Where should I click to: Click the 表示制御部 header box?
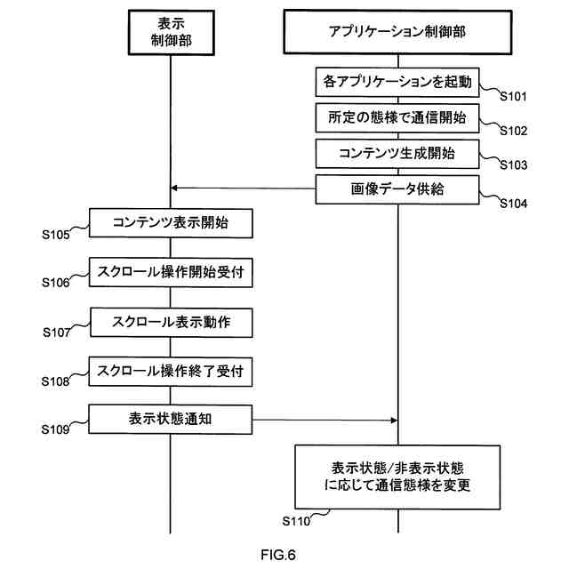(172, 33)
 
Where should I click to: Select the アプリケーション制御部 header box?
(397, 32)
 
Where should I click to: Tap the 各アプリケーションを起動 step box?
(397, 82)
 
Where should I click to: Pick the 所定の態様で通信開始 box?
(397, 118)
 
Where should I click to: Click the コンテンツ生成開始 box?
(397, 154)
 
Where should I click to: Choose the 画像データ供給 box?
(397, 189)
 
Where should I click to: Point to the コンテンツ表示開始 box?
(171, 223)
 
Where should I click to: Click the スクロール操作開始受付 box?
(171, 272)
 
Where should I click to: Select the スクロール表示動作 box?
(172, 322)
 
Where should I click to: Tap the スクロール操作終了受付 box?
(171, 372)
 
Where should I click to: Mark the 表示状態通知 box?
(171, 420)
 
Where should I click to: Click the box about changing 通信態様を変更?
(397, 477)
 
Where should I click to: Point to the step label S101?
(513, 97)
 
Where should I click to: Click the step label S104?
(514, 204)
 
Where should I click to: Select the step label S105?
(55, 235)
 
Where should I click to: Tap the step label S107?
(57, 333)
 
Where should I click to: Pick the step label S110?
(296, 522)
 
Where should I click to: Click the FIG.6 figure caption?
(278, 555)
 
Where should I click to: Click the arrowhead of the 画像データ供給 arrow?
(174, 188)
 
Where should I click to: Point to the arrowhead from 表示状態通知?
(394, 421)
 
